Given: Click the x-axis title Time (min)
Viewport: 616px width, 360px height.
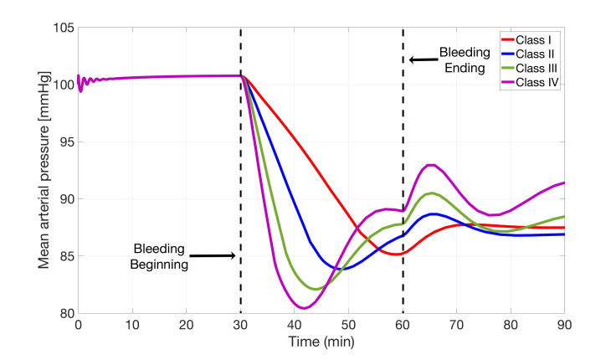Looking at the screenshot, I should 321,343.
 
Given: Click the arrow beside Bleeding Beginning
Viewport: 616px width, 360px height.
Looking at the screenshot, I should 213,255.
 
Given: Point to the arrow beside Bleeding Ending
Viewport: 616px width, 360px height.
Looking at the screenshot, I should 424,59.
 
